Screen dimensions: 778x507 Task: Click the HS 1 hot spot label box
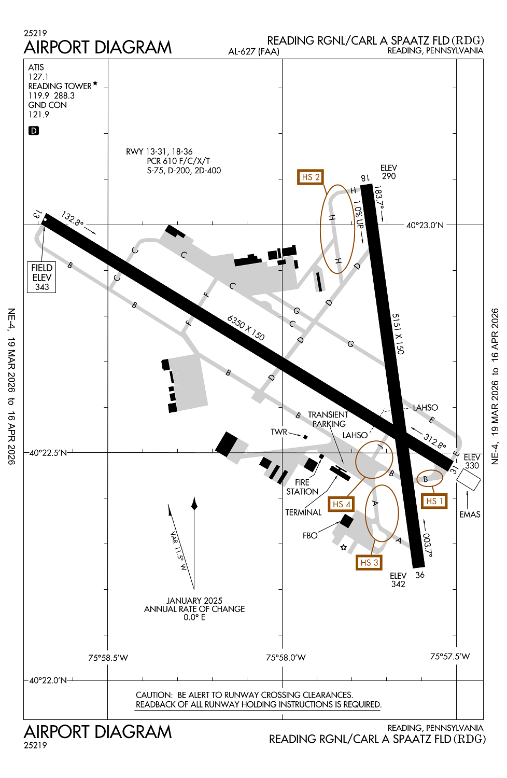coord(434,501)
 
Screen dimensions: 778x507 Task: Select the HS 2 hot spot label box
coord(311,177)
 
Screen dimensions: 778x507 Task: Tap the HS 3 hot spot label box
coord(369,562)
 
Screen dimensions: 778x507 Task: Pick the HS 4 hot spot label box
coord(341,504)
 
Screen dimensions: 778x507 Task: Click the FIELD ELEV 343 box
coord(42,277)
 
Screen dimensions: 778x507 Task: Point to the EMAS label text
coord(470,515)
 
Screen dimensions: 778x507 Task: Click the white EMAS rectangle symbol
coord(469,479)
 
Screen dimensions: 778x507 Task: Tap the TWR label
coord(279,432)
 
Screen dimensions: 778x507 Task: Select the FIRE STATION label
coord(302,487)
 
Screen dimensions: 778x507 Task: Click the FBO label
coord(310,535)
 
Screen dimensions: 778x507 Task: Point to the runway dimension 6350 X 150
coord(246,328)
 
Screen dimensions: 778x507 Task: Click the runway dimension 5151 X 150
coord(398,334)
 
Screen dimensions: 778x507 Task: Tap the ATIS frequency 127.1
coord(38,77)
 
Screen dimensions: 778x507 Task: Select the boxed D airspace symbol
coord(34,131)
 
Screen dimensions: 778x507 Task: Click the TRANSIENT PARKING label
coord(328,419)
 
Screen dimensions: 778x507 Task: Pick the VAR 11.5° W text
coord(178,551)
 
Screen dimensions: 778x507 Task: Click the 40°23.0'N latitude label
coord(425,225)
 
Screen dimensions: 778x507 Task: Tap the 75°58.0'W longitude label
coord(286,658)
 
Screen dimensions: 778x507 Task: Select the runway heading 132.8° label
coord(72,218)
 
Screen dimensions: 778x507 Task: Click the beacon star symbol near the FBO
coord(343,547)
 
